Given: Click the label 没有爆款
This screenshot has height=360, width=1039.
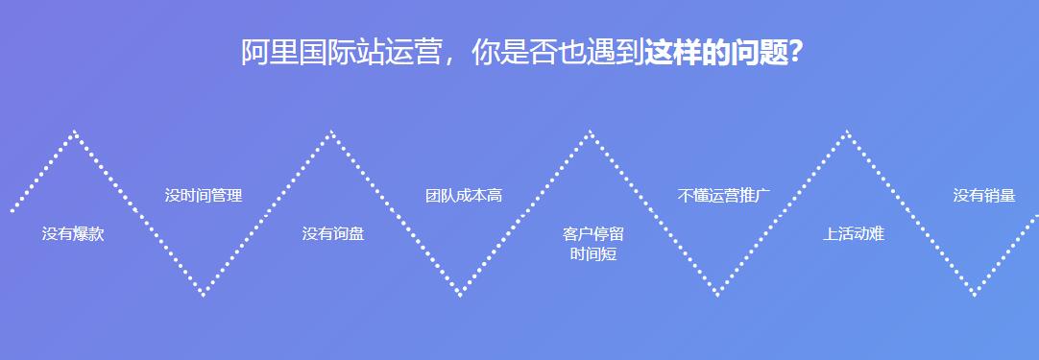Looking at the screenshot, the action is (x=73, y=233).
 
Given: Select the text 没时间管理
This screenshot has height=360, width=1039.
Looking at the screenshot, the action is (x=203, y=196).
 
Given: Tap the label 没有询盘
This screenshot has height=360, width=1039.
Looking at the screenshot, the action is (x=332, y=233).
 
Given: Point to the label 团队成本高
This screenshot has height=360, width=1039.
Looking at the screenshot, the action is (x=464, y=196).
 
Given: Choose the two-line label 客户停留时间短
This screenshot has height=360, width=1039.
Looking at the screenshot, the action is (x=592, y=244).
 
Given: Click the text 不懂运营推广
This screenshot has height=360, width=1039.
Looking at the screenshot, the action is (x=724, y=196).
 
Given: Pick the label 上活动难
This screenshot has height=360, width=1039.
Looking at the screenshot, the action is (x=853, y=233).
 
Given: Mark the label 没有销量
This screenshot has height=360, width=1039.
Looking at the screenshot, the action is (x=983, y=196).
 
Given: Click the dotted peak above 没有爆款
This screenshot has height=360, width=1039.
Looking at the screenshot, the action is (x=74, y=132).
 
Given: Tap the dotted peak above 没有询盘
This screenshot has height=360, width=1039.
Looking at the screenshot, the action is (x=331, y=132).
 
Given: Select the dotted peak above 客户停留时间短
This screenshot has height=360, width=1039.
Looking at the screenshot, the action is (x=590, y=132).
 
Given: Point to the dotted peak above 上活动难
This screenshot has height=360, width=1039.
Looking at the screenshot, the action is (x=847, y=132).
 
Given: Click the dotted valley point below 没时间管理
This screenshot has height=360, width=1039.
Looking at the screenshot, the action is (x=203, y=295).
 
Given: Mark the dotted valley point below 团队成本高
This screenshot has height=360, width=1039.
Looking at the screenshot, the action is (x=461, y=295).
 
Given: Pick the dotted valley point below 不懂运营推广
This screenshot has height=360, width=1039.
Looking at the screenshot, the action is (x=718, y=295).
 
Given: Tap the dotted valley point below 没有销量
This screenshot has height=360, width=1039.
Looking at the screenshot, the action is (x=976, y=295).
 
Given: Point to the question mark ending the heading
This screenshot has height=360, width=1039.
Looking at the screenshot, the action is (x=796, y=53).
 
